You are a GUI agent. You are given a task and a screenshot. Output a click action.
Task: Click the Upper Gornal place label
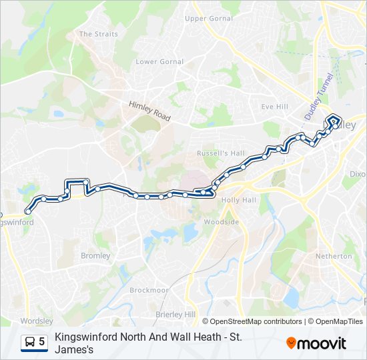point(208,19)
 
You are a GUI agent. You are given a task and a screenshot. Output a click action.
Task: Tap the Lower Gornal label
point(159,62)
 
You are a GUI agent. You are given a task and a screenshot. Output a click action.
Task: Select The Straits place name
point(98,34)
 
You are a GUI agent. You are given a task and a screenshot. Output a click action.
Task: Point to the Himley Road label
point(150,111)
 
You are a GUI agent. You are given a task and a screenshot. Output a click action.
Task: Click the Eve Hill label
point(274,107)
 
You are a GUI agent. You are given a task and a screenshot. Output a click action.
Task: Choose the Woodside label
point(221,222)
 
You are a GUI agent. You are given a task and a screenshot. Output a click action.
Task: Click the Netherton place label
point(334,256)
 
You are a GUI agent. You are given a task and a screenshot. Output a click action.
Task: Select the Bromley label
point(95,256)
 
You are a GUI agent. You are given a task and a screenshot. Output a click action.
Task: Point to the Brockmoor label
point(149,291)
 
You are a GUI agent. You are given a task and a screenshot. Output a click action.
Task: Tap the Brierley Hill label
point(175,315)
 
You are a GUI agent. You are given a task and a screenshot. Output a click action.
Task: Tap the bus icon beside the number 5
point(29,342)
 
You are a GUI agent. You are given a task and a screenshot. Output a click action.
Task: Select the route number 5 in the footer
point(42,342)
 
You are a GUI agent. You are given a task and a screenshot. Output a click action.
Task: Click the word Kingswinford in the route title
point(82,337)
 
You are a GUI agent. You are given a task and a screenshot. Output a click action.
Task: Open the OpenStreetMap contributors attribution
point(256,321)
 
